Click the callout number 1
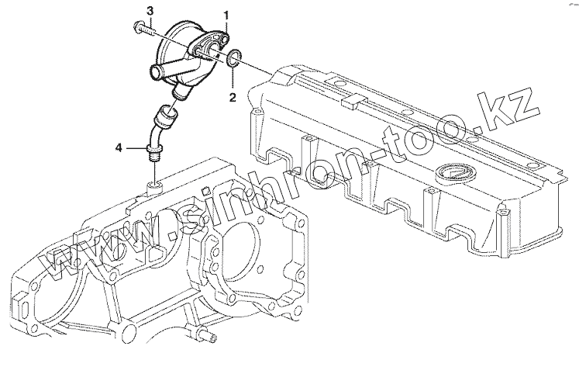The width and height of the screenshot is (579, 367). (226, 16)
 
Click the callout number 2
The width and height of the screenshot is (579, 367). (231, 97)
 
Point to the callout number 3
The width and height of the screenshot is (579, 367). (150, 9)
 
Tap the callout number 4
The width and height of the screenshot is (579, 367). (119, 147)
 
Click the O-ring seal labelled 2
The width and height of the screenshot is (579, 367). (235, 57)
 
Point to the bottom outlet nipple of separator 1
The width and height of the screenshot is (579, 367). (182, 93)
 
